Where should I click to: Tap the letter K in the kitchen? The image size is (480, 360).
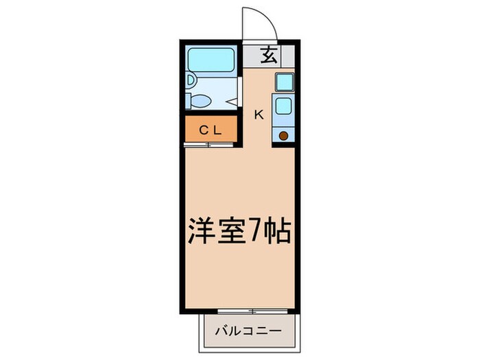coord(259,115)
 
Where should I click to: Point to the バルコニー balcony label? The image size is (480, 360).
coord(250,331)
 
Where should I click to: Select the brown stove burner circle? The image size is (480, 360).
coord(283,136)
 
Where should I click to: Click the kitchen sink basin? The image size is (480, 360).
coord(283,106)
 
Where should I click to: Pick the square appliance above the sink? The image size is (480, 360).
coord(283,82)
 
